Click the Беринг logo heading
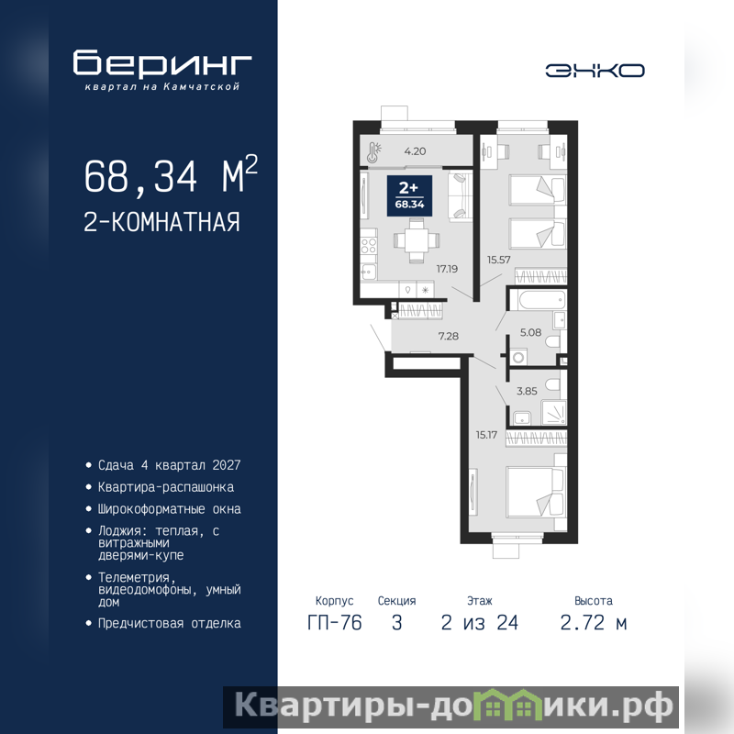162,62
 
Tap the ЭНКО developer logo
595,71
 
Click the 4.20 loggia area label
416,151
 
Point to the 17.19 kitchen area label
447,269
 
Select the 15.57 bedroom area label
498,260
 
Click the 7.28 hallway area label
449,336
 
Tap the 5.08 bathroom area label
531,332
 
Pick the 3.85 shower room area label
527,391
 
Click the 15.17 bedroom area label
486,435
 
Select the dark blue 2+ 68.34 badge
409,195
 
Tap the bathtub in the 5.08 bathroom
537,300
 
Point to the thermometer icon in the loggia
374,151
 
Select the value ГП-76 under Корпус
334,623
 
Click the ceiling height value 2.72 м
593,623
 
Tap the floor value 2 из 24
479,623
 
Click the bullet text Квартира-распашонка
166,487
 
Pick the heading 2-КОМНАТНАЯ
162,222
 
